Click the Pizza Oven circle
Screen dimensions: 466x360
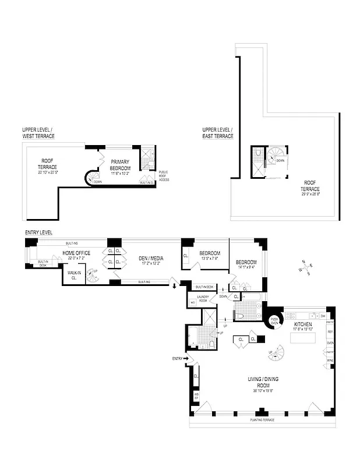[274, 319]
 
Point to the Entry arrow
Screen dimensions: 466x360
[185, 359]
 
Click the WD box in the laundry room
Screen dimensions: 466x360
[193, 302]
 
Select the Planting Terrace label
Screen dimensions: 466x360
[262, 420]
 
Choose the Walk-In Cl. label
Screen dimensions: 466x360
[74, 275]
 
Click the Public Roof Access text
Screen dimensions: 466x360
[164, 176]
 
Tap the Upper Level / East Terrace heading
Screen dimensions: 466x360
[218, 132]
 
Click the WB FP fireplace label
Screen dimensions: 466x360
[196, 397]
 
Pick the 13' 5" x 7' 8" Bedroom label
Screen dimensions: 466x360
[208, 256]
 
